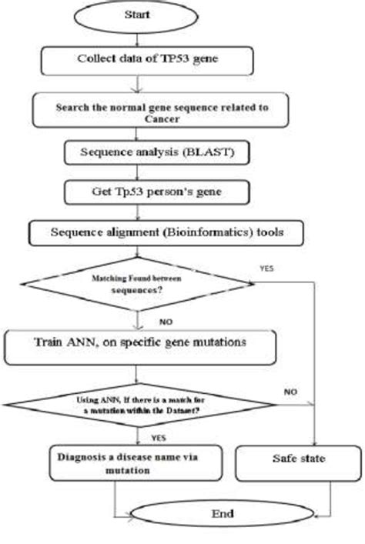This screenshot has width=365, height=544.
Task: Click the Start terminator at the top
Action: point(136,15)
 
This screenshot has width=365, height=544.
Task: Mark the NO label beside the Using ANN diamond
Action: point(290,392)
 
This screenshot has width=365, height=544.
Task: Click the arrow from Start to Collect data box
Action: point(136,38)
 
